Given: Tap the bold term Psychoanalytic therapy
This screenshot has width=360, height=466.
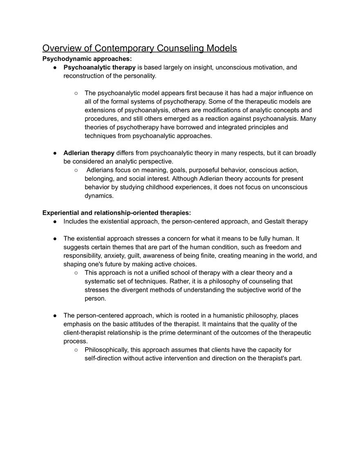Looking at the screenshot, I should pyautogui.click(x=99, y=67).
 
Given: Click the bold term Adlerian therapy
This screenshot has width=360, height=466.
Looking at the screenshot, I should pyautogui.click(x=89, y=153).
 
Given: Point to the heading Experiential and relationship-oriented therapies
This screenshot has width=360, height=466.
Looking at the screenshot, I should pyautogui.click(x=117, y=213).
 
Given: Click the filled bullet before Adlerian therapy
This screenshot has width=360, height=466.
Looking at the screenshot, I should pyautogui.click(x=55, y=153).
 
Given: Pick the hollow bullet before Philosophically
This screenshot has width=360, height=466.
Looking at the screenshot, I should pyautogui.click(x=76, y=350).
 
